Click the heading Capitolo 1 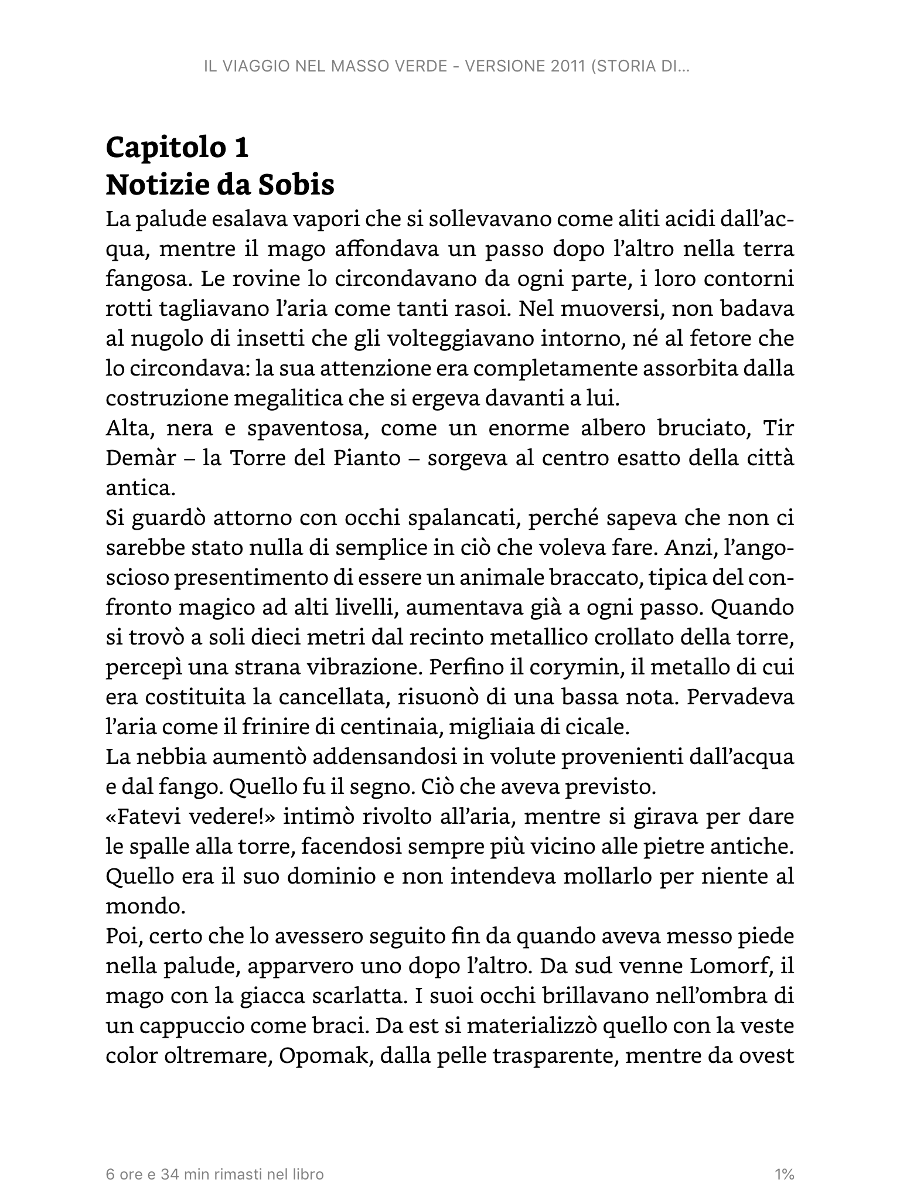(177, 148)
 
